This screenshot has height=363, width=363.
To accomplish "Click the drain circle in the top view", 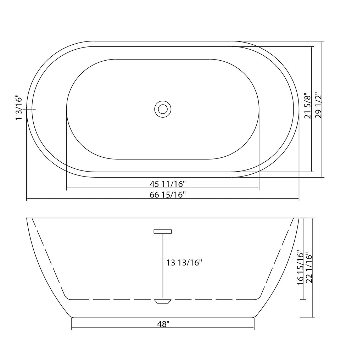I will (x=163, y=109).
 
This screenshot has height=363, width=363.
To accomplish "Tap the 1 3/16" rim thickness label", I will (x=19, y=108).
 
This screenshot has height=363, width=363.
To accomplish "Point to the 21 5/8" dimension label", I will (x=308, y=106).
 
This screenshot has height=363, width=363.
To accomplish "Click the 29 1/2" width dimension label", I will (x=318, y=106).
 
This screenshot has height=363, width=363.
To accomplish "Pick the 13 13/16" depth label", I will (x=184, y=263).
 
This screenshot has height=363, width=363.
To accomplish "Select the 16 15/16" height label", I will (x=301, y=268).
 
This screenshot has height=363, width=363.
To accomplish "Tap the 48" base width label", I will (x=163, y=324).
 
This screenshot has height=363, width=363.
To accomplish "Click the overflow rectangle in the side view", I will (x=163, y=231).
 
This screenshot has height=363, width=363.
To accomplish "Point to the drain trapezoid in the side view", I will (x=163, y=301).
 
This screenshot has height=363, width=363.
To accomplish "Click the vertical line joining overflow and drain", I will (x=163, y=266).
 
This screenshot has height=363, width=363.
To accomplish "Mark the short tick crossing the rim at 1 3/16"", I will (x=31, y=109).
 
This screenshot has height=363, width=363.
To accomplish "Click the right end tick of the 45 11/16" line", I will (x=259, y=188).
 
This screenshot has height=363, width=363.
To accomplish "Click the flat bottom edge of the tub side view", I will (x=163, y=317).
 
